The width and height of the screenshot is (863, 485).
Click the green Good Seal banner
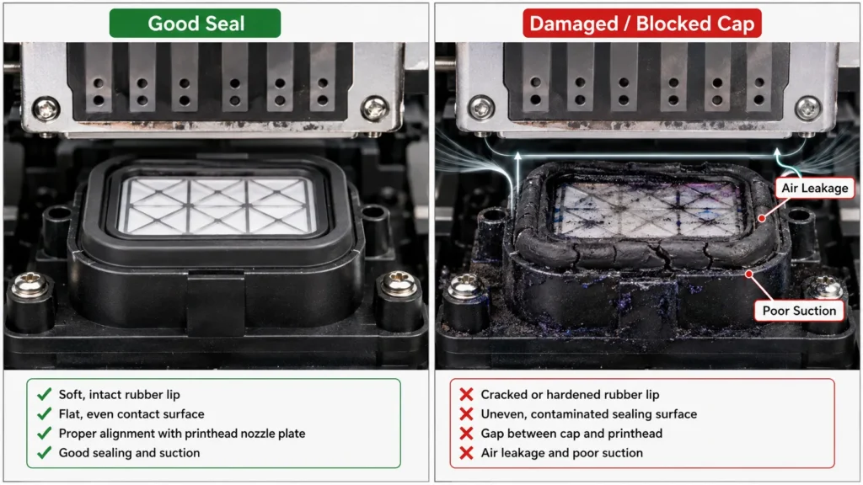195,23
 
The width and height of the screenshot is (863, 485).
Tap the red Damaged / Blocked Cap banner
641,23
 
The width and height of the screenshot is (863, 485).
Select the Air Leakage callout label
815,188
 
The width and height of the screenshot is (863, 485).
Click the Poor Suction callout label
799,311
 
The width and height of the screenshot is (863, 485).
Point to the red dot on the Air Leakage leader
762,218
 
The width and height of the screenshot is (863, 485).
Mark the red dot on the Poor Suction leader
749,274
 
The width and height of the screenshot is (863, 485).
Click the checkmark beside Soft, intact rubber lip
44,394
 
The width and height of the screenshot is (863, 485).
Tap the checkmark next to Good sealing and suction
44,452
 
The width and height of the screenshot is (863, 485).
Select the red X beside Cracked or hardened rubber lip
466,394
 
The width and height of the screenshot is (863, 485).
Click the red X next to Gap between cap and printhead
466,434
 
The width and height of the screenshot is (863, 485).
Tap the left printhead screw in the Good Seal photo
46,109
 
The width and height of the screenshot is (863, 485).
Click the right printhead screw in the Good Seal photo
375,109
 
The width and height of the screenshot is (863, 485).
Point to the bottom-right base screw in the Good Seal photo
398,283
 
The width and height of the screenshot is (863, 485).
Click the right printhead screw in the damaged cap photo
807,108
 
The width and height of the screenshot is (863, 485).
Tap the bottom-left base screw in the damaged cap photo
465,287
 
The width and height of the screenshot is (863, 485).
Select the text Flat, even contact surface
131,414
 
